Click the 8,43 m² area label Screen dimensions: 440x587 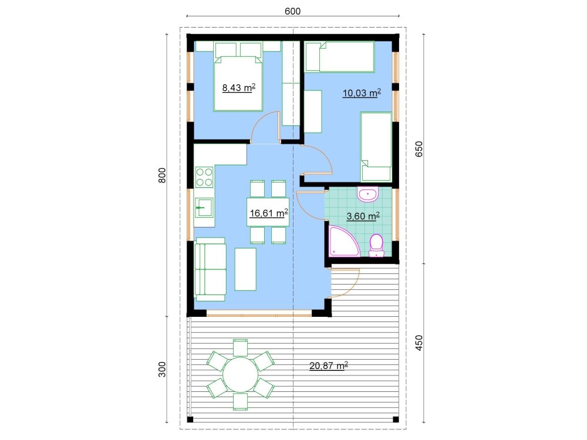coord(238,89)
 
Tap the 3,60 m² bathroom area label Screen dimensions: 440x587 coord(363,216)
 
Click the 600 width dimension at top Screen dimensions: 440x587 coord(293,11)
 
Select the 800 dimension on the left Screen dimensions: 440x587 coord(163,176)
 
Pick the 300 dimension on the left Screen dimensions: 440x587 coord(163,369)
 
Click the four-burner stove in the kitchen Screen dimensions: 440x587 coord(205,178)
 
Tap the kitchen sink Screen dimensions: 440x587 coord(204,208)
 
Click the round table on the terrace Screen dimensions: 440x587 coord(240,375)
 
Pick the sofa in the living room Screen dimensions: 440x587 coord(210,269)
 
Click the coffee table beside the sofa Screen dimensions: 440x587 coord(245,269)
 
